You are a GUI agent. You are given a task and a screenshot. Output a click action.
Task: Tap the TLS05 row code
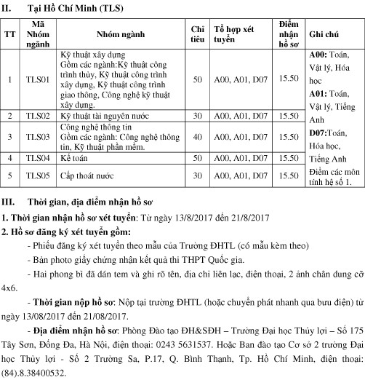[32, 175]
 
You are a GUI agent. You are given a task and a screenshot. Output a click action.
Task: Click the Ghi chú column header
[325, 33]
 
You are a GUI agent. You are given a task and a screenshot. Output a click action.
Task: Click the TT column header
[9, 33]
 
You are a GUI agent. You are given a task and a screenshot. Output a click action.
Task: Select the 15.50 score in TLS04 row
[289, 157]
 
